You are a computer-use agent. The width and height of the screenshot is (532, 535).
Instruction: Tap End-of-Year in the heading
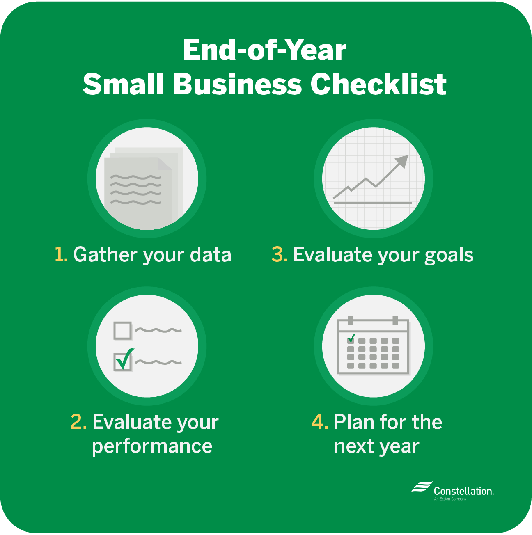click(265, 50)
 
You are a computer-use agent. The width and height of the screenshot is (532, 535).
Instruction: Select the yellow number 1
click(61, 254)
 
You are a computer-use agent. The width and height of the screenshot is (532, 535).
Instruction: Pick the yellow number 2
click(78, 422)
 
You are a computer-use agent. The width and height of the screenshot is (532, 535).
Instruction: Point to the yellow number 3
click(279, 254)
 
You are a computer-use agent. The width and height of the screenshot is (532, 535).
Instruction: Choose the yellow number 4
click(319, 422)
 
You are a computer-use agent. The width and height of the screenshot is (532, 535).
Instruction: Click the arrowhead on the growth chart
click(402, 161)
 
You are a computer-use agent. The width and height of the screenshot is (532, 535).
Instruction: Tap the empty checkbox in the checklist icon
click(122, 330)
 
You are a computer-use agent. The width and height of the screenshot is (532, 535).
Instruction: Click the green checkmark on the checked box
click(125, 359)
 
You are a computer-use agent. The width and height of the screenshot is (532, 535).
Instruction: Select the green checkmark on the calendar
click(352, 338)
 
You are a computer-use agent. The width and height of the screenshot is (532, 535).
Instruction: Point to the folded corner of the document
click(165, 164)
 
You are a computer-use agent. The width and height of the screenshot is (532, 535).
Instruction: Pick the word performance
click(152, 447)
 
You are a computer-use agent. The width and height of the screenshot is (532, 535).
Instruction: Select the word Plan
click(354, 422)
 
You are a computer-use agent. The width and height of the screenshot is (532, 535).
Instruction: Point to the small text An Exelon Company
click(450, 499)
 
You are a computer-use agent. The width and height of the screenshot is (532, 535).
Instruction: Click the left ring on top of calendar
click(351, 320)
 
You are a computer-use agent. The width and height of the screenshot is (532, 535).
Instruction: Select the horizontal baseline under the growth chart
click(373, 203)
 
